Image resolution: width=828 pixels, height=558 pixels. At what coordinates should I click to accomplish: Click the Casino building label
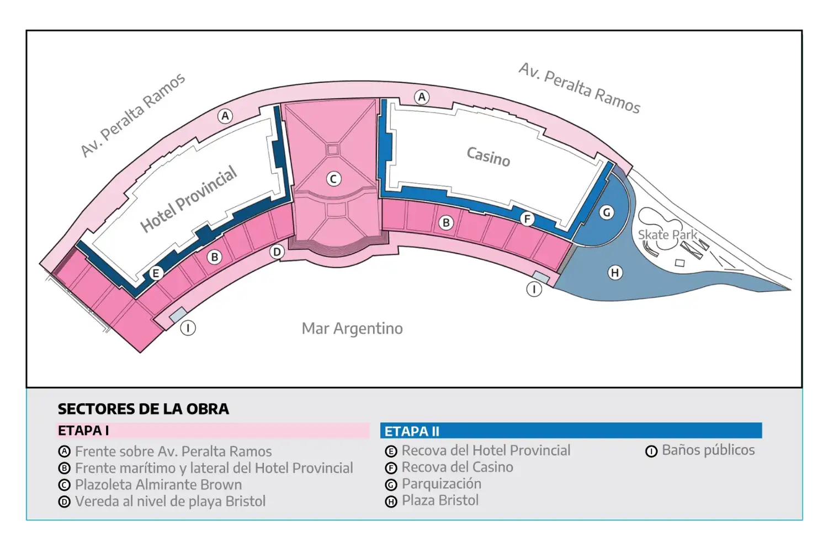[x=489, y=157]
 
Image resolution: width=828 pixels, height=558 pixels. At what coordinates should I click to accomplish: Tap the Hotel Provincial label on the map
[x=189, y=199]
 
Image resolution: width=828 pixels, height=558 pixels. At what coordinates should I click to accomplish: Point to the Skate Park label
[x=667, y=235]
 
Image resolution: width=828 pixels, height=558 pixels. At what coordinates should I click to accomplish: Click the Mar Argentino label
[x=352, y=328]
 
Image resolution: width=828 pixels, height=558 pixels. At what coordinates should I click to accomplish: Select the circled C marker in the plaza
[x=333, y=179]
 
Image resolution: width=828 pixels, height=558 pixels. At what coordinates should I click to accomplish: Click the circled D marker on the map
[x=277, y=252]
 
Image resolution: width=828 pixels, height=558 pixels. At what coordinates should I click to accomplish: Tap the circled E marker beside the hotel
[x=156, y=273]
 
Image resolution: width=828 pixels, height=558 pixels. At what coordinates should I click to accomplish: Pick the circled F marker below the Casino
[x=527, y=219]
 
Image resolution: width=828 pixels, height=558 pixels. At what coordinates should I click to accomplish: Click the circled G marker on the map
[x=607, y=212]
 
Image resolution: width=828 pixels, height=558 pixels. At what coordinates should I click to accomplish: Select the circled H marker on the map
[x=615, y=273]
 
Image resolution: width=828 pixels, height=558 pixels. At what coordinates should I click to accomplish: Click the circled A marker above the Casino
[x=422, y=97]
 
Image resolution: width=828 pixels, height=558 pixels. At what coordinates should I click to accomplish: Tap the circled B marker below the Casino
[x=446, y=223]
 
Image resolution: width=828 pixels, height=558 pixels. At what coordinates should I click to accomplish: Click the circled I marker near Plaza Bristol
[x=534, y=289]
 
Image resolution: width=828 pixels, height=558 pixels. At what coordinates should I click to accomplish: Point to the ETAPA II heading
[x=412, y=431]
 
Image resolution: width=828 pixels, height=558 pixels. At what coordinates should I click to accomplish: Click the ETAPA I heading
[x=83, y=431]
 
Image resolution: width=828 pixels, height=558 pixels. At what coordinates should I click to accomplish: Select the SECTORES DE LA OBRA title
[x=144, y=409]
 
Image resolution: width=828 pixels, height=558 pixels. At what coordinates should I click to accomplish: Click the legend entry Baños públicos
[x=700, y=450]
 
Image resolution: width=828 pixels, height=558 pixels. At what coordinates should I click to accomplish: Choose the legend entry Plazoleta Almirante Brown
[x=150, y=485]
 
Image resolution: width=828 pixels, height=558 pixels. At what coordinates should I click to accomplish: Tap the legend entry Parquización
[x=433, y=483]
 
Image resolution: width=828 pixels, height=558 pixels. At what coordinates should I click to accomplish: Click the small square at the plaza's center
[x=332, y=150]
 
